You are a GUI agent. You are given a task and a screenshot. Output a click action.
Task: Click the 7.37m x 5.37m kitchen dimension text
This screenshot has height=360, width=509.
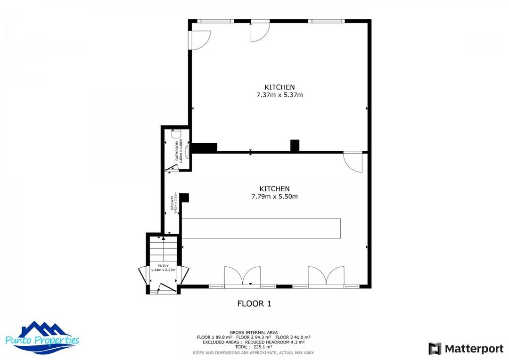coord(279,95)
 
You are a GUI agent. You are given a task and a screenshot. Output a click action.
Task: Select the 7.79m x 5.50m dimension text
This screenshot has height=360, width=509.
coord(274,196)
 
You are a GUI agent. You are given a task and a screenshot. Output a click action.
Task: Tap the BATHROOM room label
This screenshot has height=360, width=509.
coord(177,151)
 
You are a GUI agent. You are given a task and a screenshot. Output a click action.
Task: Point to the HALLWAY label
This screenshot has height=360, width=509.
coord(172,203)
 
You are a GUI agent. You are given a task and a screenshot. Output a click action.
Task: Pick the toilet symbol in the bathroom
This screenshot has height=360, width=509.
coord(176,133)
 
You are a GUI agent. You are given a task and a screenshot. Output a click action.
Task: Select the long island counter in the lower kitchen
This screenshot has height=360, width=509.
coord(261,228)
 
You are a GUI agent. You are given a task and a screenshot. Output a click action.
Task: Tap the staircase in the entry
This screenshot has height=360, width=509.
coord(163,250)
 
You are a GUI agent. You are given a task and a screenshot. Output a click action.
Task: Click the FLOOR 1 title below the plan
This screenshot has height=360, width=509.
coord(254,304)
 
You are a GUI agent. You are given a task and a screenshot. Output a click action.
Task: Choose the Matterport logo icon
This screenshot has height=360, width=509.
coord(435,349)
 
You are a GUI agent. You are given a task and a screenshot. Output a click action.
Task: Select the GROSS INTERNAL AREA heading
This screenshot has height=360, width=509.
coord(254,332)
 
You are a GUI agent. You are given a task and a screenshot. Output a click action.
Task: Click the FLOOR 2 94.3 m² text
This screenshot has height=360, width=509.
coord(254,337)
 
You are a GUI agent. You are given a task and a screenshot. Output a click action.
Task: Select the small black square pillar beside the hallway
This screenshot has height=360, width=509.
coord(185,197)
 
